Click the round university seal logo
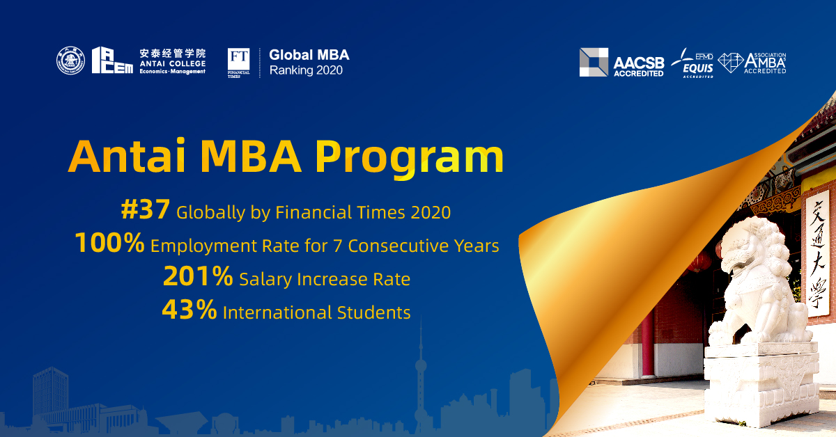point(70,61)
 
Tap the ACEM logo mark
point(112,61)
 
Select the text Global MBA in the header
point(309,54)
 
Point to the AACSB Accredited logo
point(621,63)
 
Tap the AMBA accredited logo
point(752,63)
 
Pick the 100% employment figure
point(109,244)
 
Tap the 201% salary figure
point(198,277)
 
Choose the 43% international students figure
point(189,310)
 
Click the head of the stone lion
point(750,243)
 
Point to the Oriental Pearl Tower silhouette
point(420,376)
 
